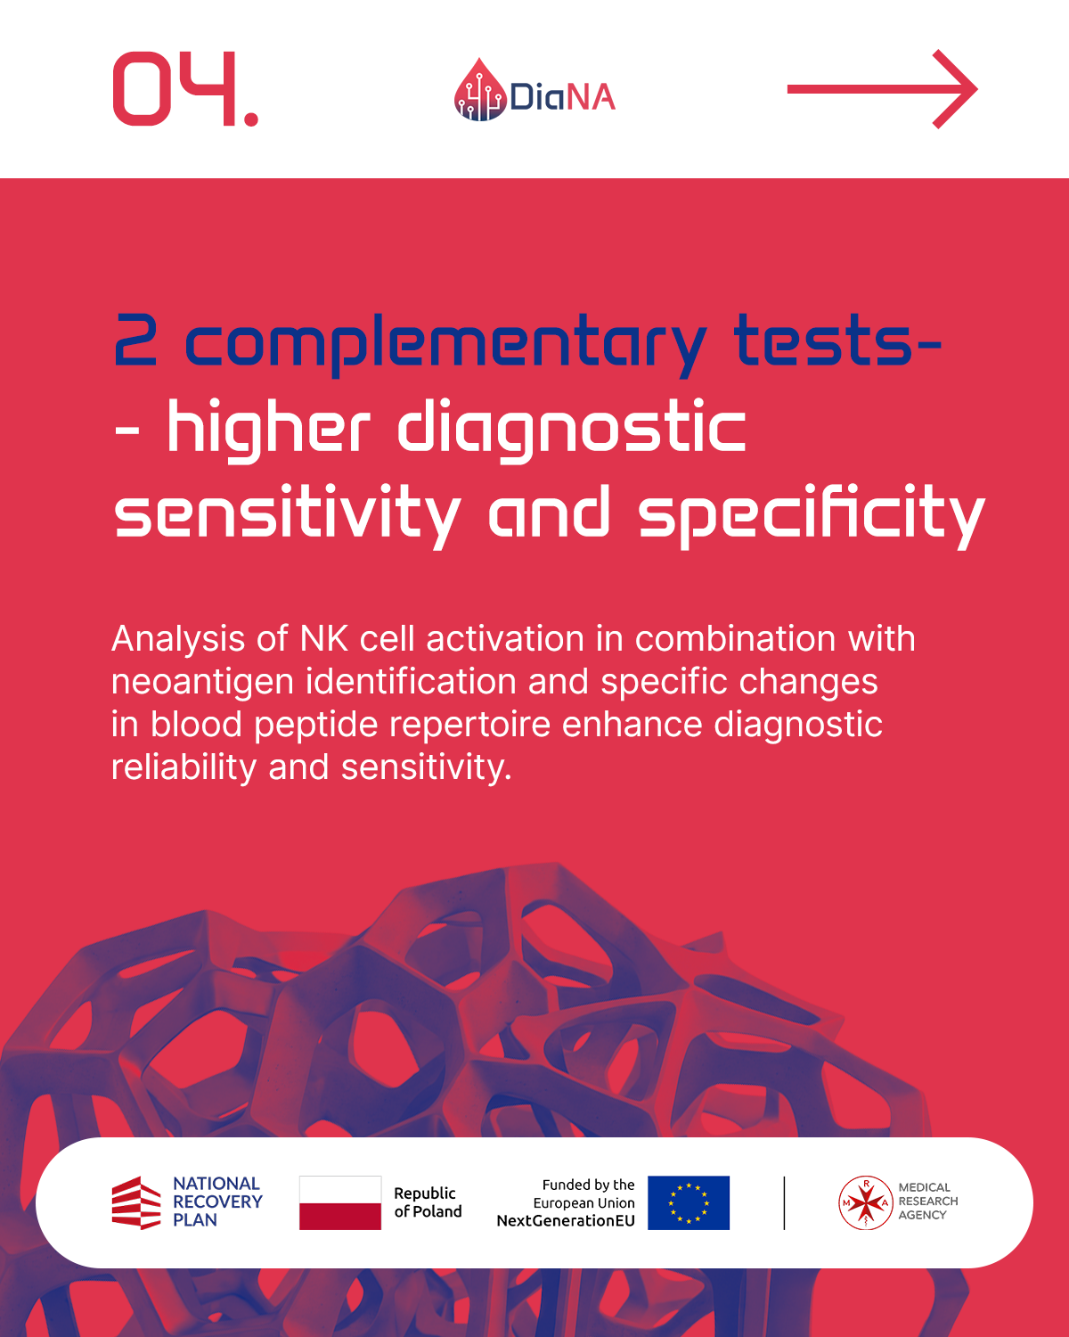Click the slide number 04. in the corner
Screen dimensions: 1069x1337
(x=185, y=89)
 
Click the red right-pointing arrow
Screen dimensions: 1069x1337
(x=882, y=89)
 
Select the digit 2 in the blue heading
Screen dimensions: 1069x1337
(x=135, y=340)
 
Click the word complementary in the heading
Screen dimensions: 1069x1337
(x=446, y=345)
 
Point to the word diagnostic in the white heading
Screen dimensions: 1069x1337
(x=571, y=430)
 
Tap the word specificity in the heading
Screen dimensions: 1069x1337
(x=812, y=516)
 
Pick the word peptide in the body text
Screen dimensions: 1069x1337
(x=316, y=725)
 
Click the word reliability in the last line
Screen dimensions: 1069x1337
(x=184, y=767)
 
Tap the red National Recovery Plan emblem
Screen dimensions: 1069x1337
(x=136, y=1202)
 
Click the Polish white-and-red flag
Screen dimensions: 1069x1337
(x=340, y=1202)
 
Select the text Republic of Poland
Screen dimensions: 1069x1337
(x=428, y=1202)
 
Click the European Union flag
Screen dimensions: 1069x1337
(x=689, y=1202)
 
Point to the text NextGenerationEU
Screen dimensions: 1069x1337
(x=566, y=1220)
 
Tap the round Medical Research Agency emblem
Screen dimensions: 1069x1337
(x=865, y=1202)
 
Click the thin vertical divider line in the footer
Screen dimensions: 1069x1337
(x=785, y=1202)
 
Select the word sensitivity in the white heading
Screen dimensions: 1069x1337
(x=288, y=516)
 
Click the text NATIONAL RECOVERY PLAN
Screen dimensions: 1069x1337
(x=217, y=1202)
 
